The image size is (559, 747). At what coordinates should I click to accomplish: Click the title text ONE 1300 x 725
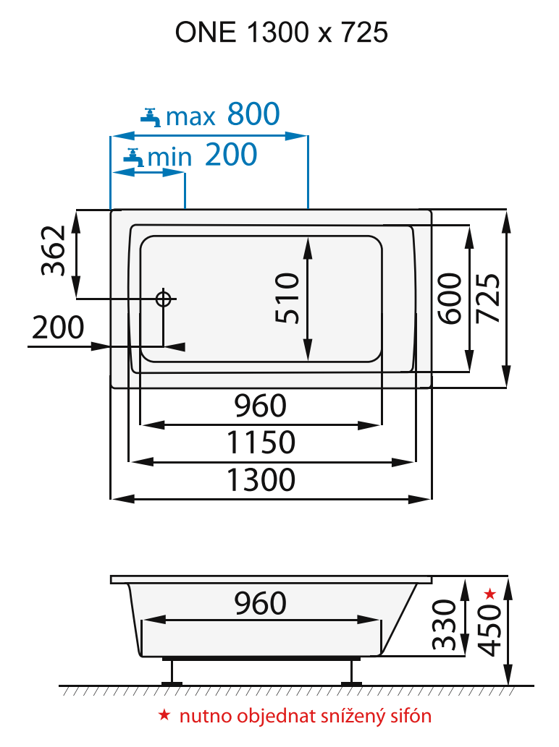pos(281,33)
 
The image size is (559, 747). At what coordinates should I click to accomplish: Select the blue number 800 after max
pos(253,114)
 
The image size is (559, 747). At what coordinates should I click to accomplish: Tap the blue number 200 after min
pos(231,154)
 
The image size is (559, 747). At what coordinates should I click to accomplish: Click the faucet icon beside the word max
pos(151,116)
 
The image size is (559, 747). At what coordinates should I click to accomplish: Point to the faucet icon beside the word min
pos(133,155)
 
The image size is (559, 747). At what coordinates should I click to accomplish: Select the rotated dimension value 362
pos(54,252)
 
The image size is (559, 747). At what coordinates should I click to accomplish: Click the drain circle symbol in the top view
pos(163,299)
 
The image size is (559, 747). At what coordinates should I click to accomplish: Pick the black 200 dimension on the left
pos(59,328)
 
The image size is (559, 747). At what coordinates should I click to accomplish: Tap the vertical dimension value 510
pos(287,297)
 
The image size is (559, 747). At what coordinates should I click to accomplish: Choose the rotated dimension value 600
pos(450,298)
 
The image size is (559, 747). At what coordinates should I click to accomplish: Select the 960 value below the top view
pos(260,406)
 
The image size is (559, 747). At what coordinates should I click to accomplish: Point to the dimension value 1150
pos(261,443)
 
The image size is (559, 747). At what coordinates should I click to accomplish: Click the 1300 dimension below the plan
pos(261,479)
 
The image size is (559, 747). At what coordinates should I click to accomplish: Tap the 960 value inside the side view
pos(260,602)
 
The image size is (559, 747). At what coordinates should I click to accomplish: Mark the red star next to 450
pos(489,594)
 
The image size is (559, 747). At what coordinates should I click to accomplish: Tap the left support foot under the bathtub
pos(172,673)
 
